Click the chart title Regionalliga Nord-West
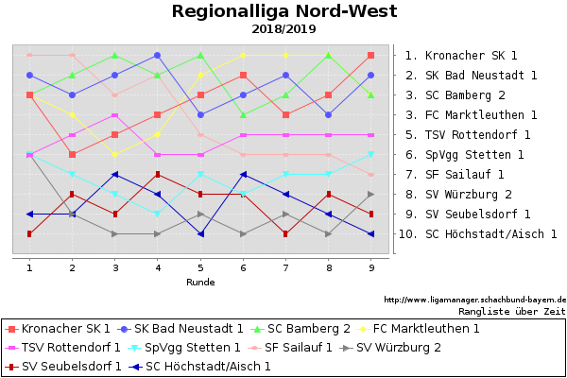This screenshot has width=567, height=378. (284, 11)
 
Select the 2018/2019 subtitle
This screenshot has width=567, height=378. (283, 29)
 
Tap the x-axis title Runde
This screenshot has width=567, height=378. (200, 283)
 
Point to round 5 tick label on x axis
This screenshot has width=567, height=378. (200, 268)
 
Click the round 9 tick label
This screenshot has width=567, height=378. (371, 268)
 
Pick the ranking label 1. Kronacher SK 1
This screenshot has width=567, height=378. (461, 56)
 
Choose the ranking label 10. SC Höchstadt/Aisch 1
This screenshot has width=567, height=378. (477, 234)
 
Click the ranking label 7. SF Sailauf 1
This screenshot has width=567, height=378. (455, 174)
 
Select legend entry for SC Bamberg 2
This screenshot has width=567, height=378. (301, 329)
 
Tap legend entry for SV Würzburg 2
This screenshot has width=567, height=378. (390, 348)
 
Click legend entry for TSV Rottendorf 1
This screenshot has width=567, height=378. (63, 348)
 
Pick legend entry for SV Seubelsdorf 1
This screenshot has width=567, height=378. (63, 367)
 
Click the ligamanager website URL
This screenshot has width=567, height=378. (474, 300)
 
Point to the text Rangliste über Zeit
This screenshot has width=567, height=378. (512, 312)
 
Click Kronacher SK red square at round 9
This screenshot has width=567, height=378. (371, 56)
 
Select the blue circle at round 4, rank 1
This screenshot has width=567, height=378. (157, 56)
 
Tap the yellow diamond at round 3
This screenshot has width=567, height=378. (115, 154)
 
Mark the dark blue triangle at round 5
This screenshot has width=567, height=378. (200, 234)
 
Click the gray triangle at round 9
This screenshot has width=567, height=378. (371, 195)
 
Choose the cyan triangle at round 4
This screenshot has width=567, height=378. (157, 215)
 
